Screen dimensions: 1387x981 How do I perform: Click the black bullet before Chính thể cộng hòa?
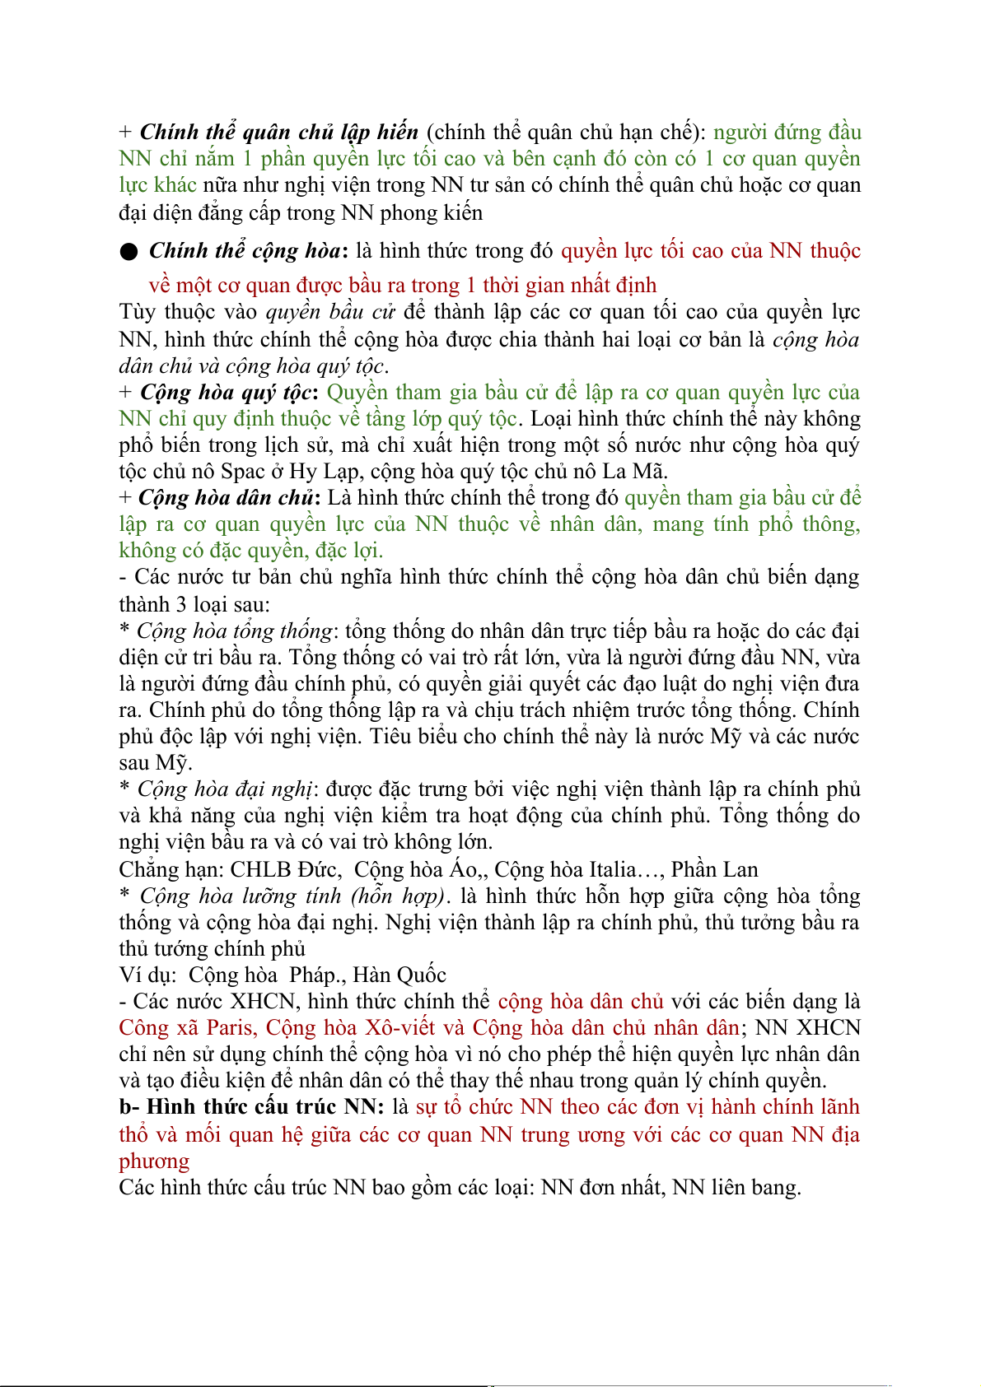[x=128, y=252]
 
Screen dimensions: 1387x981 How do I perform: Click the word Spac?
[x=243, y=472]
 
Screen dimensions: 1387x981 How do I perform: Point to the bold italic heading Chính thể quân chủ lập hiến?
[x=279, y=133]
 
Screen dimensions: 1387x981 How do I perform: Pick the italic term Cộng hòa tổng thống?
[x=234, y=631]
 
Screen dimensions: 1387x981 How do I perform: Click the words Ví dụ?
[x=147, y=975]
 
